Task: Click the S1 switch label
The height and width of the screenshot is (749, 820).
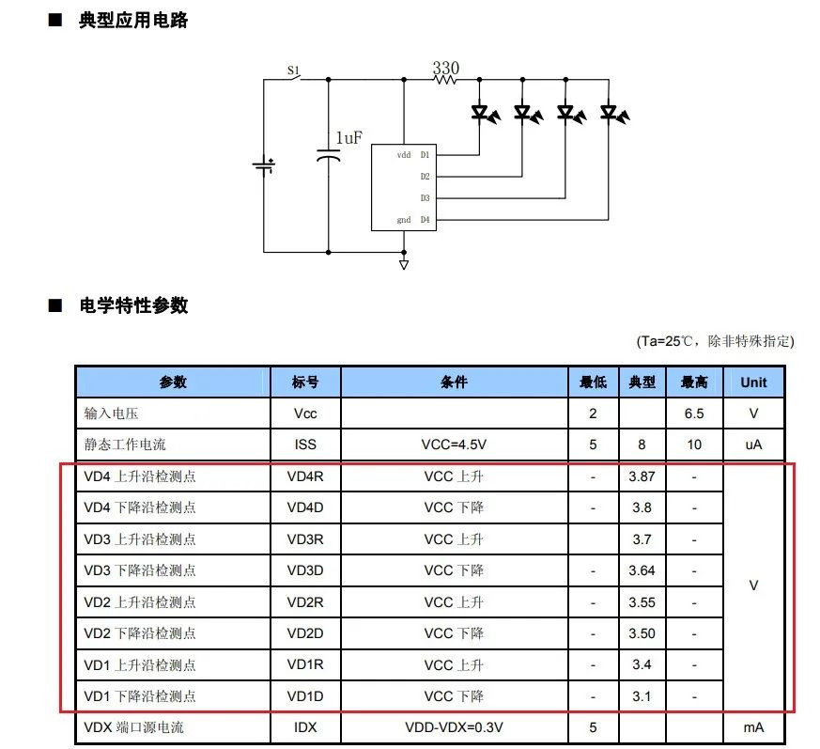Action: [293, 70]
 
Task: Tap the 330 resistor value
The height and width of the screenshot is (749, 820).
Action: [445, 68]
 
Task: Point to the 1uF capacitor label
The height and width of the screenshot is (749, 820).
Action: [348, 137]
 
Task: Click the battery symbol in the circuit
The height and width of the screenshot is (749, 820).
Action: [264, 166]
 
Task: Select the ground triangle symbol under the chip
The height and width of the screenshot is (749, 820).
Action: [404, 265]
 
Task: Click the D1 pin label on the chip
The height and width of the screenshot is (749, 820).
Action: [425, 155]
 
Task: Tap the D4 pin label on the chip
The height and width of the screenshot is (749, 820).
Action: [425, 220]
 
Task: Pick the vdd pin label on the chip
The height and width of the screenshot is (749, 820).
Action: [404, 155]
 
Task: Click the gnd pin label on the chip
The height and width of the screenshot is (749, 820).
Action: [404, 220]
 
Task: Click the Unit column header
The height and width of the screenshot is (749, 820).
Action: [753, 382]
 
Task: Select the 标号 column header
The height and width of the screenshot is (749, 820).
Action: [305, 382]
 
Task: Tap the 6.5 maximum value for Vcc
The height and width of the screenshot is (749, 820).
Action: [694, 414]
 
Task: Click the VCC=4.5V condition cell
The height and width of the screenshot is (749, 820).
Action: [454, 445]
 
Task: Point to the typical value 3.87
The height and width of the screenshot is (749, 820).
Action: [642, 476]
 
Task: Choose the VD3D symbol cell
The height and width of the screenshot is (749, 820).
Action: [305, 570]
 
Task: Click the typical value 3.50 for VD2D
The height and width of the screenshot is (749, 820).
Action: [642, 633]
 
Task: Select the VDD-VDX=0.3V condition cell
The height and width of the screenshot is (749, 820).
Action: [454, 727]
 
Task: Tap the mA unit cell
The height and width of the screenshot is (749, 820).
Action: [753, 727]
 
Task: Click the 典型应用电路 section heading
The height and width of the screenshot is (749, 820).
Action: [133, 21]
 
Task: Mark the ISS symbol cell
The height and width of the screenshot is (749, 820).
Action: [305, 445]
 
